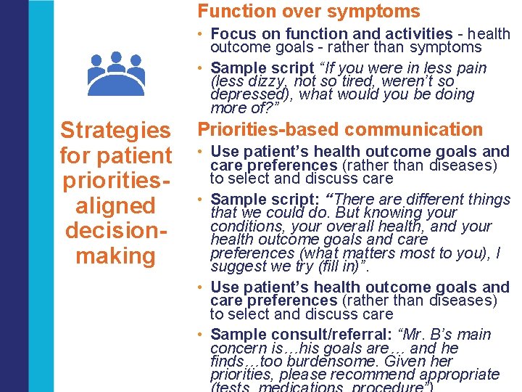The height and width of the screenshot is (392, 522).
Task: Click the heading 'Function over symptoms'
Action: tap(309, 12)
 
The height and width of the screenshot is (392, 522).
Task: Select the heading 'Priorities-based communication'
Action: tap(340, 130)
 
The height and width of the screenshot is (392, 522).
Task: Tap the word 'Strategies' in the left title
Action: tap(115, 131)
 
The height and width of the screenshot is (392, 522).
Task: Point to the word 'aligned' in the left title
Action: tap(115, 206)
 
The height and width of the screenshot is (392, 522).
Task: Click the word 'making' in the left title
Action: tap(115, 256)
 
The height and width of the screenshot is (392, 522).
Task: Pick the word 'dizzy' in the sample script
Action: tap(260, 81)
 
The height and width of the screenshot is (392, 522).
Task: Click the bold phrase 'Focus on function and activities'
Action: tap(331, 33)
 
